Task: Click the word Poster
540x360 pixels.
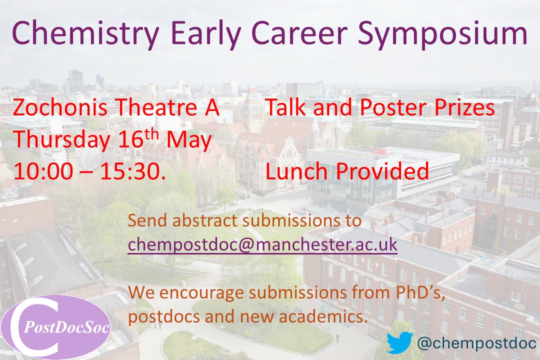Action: [383, 108]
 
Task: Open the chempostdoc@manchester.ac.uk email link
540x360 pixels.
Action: [262, 245]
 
